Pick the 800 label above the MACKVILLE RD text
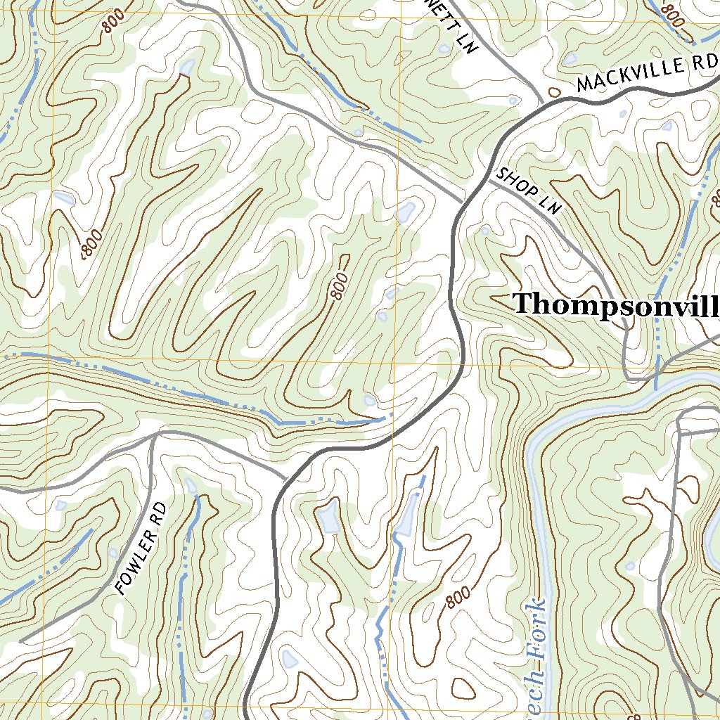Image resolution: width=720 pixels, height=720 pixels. (x=673, y=15)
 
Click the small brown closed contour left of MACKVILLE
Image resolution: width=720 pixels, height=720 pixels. (x=554, y=91)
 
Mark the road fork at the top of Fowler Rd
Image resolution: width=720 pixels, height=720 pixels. (x=154, y=436)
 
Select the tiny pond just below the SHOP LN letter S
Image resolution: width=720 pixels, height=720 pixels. (x=484, y=230)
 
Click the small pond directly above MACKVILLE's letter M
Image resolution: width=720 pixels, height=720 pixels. (x=569, y=59)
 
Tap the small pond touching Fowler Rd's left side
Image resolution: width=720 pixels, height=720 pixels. (x=113, y=553)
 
